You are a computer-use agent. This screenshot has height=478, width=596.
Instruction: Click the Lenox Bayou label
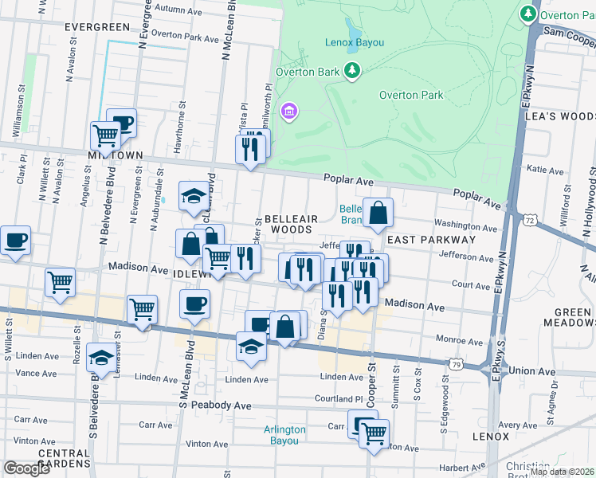tap(355, 41)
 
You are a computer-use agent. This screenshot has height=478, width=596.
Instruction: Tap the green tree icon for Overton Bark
tap(351, 72)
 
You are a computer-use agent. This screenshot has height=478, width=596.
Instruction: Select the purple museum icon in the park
tap(288, 111)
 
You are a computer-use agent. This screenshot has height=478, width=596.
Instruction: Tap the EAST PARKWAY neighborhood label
tap(430, 239)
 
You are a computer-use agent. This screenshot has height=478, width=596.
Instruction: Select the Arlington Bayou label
tap(284, 435)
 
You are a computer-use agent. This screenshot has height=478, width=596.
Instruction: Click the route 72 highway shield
tap(530, 218)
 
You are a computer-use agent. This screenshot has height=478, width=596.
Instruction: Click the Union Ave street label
tap(531, 371)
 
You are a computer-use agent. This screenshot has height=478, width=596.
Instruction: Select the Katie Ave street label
tap(546, 169)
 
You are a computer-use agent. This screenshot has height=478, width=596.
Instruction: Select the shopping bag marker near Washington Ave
tap(378, 213)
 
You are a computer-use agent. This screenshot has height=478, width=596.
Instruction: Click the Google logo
tap(26, 468)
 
